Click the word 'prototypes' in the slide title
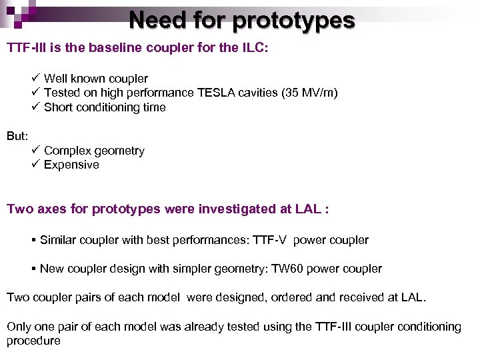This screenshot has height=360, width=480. point(293,20)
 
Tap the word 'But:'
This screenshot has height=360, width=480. point(17,136)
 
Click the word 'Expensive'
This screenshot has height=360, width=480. point(71,165)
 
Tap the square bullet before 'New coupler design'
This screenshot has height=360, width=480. point(33,269)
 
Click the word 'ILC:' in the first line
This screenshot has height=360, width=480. point(255,49)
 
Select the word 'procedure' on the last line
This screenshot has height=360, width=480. point(33,341)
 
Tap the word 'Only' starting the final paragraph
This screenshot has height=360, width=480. point(18,327)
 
